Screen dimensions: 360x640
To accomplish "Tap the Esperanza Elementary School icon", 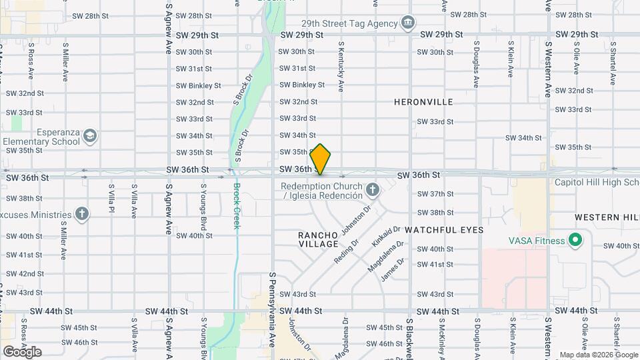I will [x=90, y=137].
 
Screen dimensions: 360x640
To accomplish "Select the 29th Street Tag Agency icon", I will [x=407, y=23].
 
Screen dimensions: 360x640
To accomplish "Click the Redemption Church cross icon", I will [x=373, y=191].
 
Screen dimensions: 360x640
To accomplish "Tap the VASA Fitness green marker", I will [x=574, y=241].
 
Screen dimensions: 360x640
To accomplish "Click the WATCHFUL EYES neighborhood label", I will [x=443, y=229].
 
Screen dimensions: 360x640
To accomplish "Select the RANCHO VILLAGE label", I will [x=318, y=240].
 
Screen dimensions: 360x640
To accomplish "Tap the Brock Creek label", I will [x=236, y=207].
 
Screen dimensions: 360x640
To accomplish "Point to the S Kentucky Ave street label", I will [x=341, y=67].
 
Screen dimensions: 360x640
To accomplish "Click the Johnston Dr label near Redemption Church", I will [x=355, y=221].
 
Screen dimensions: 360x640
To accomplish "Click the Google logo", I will [x=22, y=351].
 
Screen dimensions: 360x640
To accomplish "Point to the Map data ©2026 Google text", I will [x=599, y=355].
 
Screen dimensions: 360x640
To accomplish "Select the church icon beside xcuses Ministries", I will [x=81, y=215].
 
